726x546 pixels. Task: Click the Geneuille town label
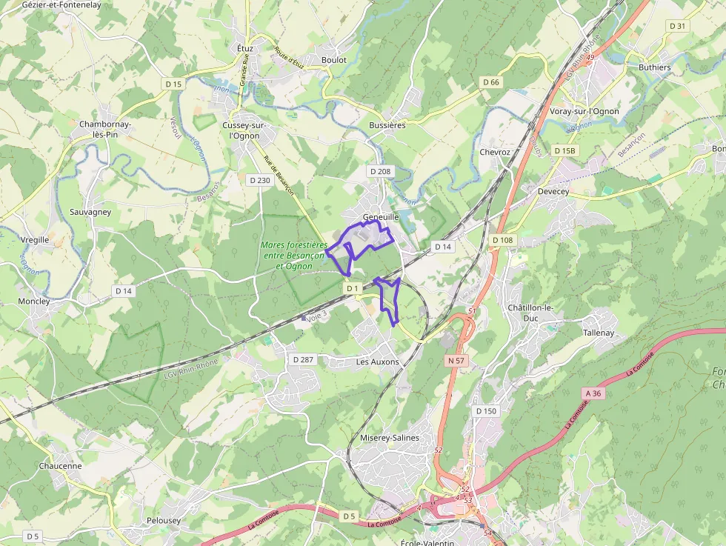click(381, 217)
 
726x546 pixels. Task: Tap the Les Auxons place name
click(377, 362)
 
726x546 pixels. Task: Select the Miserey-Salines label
click(389, 438)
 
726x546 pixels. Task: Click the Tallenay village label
click(599, 333)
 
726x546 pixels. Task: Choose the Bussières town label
click(387, 126)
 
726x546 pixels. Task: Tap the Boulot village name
click(333, 60)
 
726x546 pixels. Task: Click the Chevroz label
click(495, 152)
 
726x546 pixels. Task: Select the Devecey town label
click(553, 191)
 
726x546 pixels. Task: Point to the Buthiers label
click(654, 67)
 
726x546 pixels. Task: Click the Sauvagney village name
click(90, 212)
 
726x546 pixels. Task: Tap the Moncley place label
click(35, 302)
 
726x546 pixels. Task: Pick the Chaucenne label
click(60, 466)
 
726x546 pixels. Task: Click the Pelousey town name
click(164, 520)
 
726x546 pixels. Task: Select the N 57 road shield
click(456, 361)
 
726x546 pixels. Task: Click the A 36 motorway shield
click(593, 393)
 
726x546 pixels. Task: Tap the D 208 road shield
click(380, 171)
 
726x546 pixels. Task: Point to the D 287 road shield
click(304, 359)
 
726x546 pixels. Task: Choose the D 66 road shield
click(490, 82)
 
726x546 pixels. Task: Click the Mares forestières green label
click(294, 255)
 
